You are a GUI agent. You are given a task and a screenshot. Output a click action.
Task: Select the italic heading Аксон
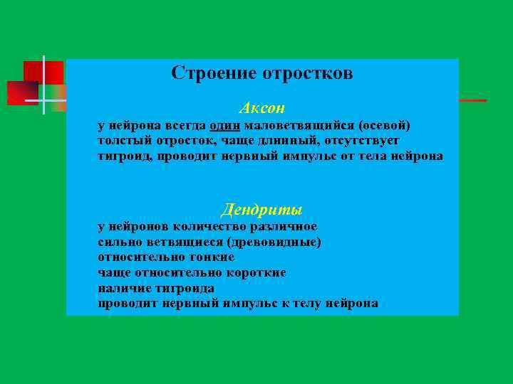tap(261, 108)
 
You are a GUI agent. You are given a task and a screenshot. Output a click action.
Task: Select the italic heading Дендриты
tap(261, 210)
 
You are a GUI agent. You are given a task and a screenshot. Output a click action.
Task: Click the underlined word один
tap(226, 125)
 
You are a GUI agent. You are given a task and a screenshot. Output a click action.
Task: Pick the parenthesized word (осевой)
tap(385, 125)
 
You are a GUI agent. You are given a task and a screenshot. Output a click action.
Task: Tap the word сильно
tap(117, 242)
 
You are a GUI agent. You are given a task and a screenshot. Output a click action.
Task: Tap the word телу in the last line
tap(306, 304)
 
